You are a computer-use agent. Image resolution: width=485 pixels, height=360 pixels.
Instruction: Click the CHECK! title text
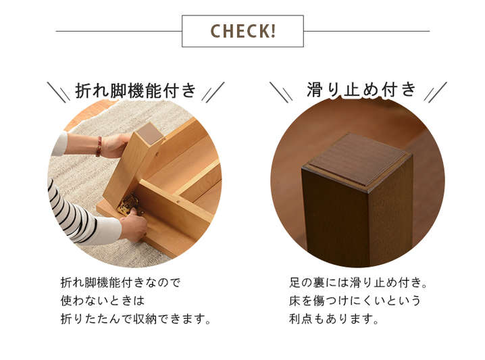[x=242, y=31]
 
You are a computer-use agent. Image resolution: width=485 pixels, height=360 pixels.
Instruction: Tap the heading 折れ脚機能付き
[x=136, y=91]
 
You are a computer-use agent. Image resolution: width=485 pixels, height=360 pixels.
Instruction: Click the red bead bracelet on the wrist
[x=99, y=147]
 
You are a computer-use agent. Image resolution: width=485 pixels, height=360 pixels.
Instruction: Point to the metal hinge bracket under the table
[x=128, y=205]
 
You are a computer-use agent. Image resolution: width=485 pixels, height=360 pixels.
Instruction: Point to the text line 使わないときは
[x=103, y=301]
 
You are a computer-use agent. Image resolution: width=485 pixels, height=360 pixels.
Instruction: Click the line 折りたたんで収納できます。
[x=136, y=319]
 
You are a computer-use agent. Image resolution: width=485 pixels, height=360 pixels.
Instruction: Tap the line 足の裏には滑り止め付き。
[x=359, y=283]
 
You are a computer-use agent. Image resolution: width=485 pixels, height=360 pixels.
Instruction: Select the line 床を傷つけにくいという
[x=355, y=301]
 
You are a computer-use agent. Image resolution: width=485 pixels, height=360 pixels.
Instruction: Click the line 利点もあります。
[x=334, y=319]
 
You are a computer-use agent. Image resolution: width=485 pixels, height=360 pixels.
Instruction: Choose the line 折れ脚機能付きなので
[x=120, y=283]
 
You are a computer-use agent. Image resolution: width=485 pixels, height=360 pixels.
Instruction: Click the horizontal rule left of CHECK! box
[x=119, y=31]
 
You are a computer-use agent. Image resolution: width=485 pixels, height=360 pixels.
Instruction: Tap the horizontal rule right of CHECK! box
[x=367, y=31]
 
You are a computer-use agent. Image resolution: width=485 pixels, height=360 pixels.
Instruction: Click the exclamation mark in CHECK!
[x=273, y=31]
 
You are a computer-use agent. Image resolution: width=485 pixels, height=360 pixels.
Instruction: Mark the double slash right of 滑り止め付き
[x=436, y=92]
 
